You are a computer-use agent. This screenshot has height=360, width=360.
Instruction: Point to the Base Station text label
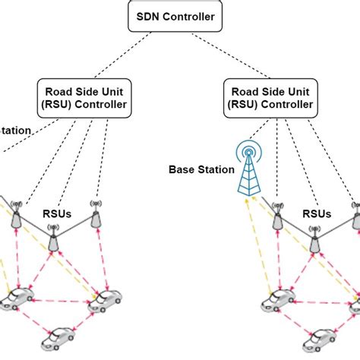click(x=201, y=170)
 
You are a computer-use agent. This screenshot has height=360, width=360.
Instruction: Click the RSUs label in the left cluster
click(x=57, y=214)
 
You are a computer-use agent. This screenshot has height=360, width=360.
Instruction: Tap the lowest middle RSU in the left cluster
click(x=53, y=241)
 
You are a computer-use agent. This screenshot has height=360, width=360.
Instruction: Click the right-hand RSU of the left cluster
click(x=95, y=218)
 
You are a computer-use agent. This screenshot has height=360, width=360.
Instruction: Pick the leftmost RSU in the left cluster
click(x=15, y=218)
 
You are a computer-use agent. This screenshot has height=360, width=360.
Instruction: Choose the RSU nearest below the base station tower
click(x=277, y=218)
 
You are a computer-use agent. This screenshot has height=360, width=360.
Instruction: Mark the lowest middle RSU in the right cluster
click(x=314, y=241)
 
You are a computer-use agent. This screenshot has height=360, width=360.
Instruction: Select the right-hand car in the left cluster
click(x=105, y=302)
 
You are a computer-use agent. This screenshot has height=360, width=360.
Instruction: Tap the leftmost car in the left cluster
click(x=13, y=300)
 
